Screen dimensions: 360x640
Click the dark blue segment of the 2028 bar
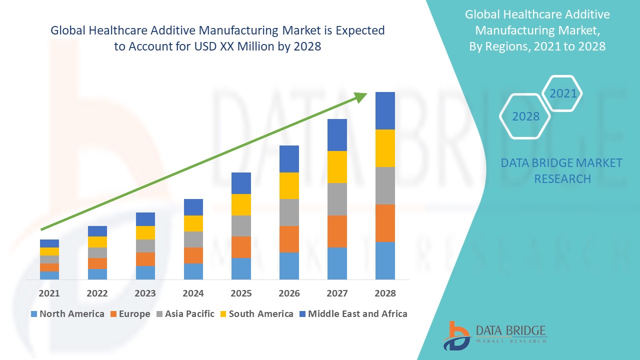pyautogui.click(x=385, y=110)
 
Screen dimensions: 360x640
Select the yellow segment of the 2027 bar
pyautogui.click(x=337, y=166)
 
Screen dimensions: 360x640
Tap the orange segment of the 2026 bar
pyautogui.click(x=289, y=239)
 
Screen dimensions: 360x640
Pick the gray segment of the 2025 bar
pyautogui.click(x=241, y=225)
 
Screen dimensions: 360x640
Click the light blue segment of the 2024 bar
pyautogui.click(x=193, y=271)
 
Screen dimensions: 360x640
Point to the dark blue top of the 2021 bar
pyautogui.click(x=49, y=243)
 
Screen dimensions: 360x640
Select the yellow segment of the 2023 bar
pyautogui.click(x=145, y=232)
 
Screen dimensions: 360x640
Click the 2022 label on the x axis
pyautogui.click(x=97, y=293)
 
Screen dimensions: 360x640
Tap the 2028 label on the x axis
pyautogui.click(x=385, y=293)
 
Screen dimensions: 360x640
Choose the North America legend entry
pyautogui.click(x=67, y=314)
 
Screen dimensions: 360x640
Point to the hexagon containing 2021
pyautogui.click(x=563, y=93)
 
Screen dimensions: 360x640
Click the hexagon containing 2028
pyautogui.click(x=525, y=116)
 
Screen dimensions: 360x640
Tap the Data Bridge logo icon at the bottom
pyautogui.click(x=456, y=335)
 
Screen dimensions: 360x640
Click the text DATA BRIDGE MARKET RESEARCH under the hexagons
pyautogui.click(x=562, y=170)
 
